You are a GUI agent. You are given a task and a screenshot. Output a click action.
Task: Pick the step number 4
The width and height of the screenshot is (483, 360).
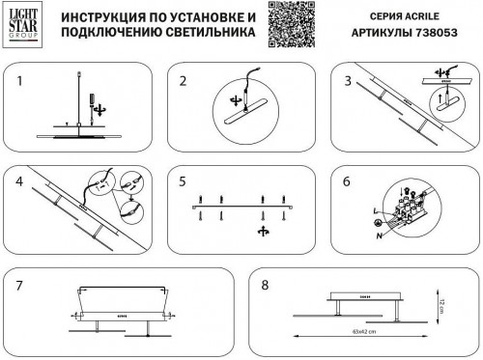pos(18,180)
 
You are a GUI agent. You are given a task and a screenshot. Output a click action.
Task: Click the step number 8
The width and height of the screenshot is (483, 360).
pos(263,285)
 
